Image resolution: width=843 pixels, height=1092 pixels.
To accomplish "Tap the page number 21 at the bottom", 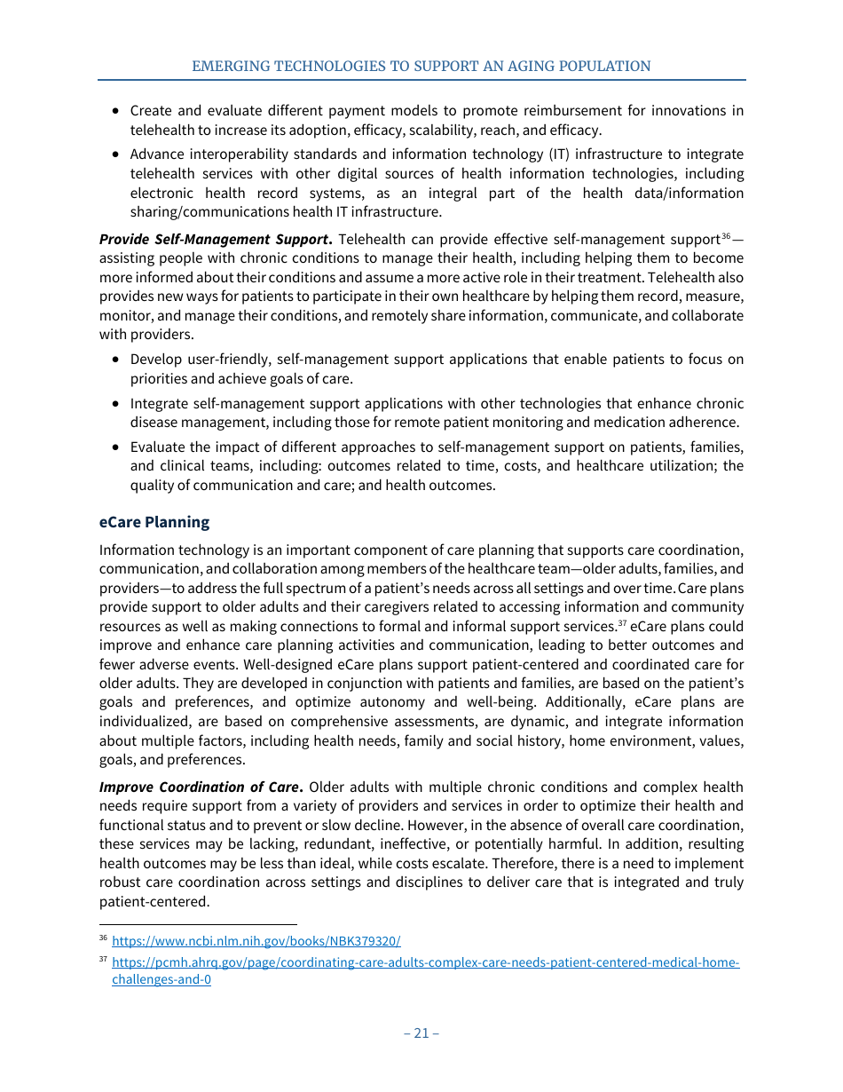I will (x=421, y=1033).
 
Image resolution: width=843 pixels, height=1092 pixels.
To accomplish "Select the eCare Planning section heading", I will (x=154, y=522).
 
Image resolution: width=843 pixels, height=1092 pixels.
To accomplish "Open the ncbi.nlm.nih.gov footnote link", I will (x=256, y=940).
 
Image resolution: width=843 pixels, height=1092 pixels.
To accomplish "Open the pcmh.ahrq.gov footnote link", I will (x=425, y=962).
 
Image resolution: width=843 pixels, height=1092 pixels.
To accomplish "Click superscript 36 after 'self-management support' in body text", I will (x=725, y=236).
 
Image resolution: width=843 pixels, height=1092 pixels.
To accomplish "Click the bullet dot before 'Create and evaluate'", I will (x=117, y=111).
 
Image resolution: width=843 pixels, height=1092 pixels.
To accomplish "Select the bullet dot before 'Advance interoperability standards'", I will (x=117, y=155).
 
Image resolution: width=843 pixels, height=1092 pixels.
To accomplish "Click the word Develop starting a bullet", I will (x=156, y=359).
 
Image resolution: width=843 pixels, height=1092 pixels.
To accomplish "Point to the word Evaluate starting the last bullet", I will (x=157, y=447).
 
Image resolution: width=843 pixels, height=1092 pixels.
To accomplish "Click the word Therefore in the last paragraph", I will (x=580, y=863).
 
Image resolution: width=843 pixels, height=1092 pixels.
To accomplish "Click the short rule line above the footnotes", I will (x=197, y=923).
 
